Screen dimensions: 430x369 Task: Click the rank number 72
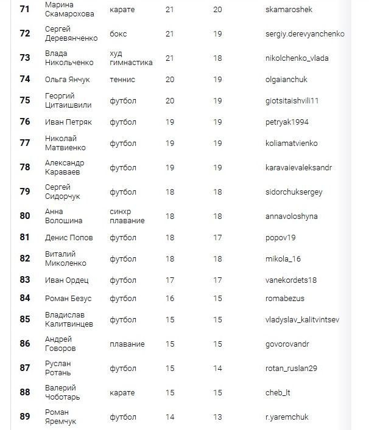point(25,33)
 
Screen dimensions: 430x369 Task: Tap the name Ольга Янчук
point(67,80)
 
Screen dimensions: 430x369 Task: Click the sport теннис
point(122,80)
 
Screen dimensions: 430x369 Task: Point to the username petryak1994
point(287,122)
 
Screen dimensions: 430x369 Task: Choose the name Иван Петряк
point(68,122)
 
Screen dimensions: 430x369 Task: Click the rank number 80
point(25,216)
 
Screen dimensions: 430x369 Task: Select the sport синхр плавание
point(127,216)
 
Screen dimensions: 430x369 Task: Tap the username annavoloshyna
point(292,216)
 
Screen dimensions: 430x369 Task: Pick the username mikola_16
point(283,258)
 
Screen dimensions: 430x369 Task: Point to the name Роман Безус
point(68,299)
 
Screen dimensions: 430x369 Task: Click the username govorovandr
point(287,344)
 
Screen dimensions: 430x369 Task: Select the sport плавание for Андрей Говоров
point(127,344)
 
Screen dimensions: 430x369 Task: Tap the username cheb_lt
point(278,393)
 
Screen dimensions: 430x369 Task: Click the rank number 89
point(25,417)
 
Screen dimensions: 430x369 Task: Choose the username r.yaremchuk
point(287,418)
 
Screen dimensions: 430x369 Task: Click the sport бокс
point(118,34)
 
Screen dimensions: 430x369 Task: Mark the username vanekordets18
point(291,280)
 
